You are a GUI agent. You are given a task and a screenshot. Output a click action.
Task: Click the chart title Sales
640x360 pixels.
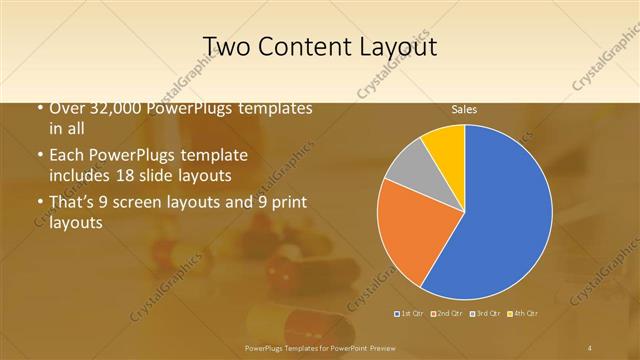tap(464, 109)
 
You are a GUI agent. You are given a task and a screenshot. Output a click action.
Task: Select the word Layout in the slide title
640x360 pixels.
tap(394, 47)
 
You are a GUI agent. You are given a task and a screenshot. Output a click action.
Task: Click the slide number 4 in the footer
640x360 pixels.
tap(590, 347)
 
